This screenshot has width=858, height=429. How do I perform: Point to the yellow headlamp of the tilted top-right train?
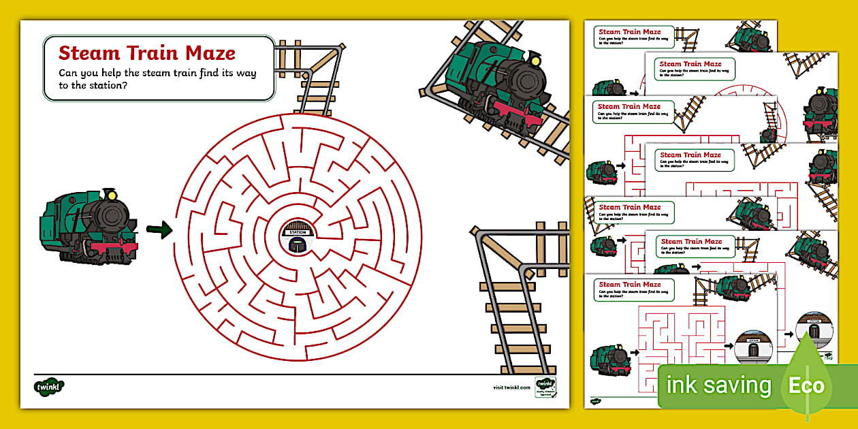pos(535,61)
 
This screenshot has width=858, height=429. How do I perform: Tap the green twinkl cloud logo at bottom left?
pos(49,386)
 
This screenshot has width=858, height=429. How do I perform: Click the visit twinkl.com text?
pos(511,387)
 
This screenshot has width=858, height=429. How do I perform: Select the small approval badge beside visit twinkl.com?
pos(545,388)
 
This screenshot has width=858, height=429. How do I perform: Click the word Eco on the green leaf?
pos(807,386)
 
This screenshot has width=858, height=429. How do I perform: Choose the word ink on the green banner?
pos(682,386)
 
